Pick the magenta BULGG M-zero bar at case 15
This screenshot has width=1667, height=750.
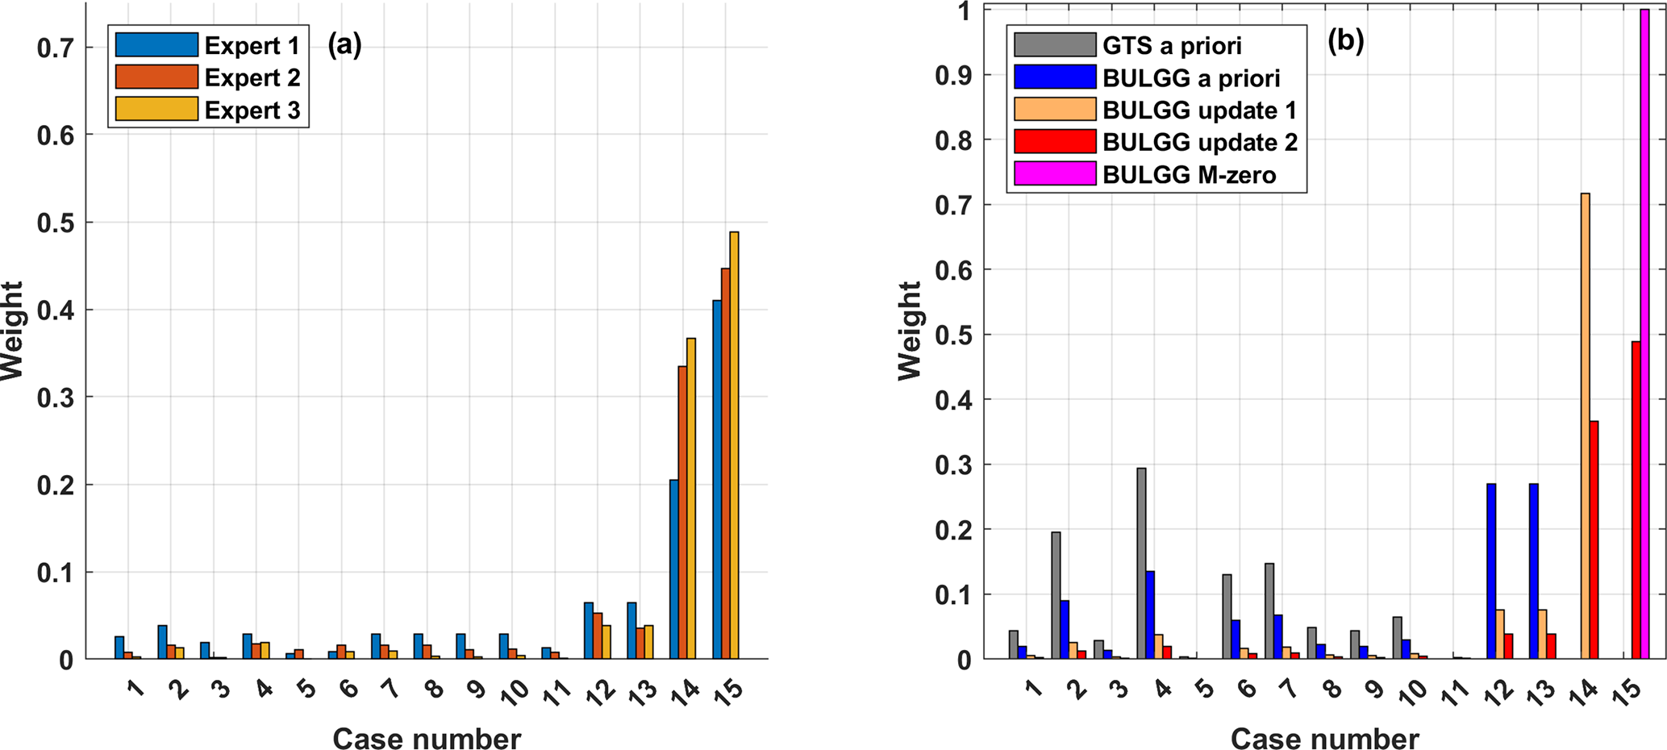point(1644,334)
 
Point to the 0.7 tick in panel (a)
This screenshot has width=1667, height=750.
point(56,48)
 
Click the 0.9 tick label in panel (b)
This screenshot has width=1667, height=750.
point(951,76)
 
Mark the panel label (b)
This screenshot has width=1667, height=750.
point(1345,42)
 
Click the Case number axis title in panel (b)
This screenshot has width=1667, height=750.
point(1325,739)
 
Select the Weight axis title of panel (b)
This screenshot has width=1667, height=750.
point(910,331)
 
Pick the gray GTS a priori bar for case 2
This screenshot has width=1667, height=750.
point(1056,595)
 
